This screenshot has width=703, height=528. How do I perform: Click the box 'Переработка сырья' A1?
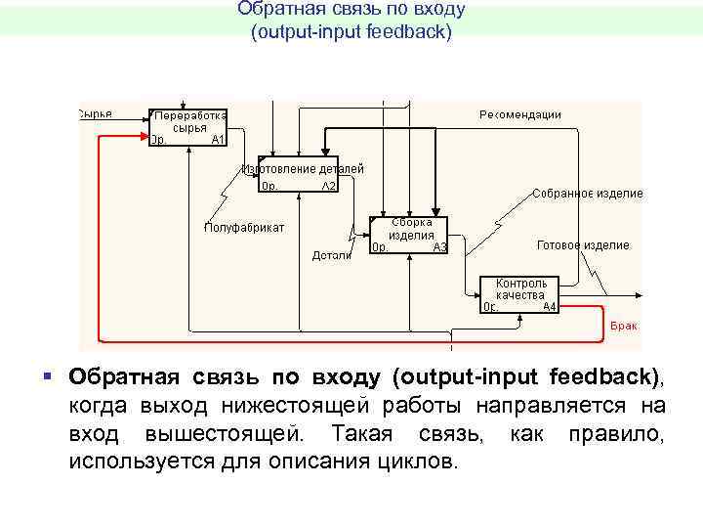[x=188, y=127]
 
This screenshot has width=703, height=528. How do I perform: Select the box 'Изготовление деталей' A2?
[x=299, y=175]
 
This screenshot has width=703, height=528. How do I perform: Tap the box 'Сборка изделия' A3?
[x=408, y=236]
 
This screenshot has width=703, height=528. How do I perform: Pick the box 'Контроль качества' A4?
[x=519, y=294]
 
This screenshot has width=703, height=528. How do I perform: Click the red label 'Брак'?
[x=624, y=325]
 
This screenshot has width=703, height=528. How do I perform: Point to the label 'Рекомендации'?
[x=519, y=114]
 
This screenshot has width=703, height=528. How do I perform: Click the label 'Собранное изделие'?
[x=588, y=194]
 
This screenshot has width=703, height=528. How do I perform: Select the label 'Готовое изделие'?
[x=583, y=245]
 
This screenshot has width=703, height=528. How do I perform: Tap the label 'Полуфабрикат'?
[x=244, y=228]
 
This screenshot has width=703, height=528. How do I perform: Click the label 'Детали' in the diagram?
[x=332, y=255]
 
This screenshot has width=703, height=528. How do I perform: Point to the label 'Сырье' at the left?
[x=95, y=113]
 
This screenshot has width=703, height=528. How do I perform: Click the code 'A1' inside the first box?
[x=218, y=140]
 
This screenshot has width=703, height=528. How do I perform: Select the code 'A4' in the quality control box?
[x=550, y=306]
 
